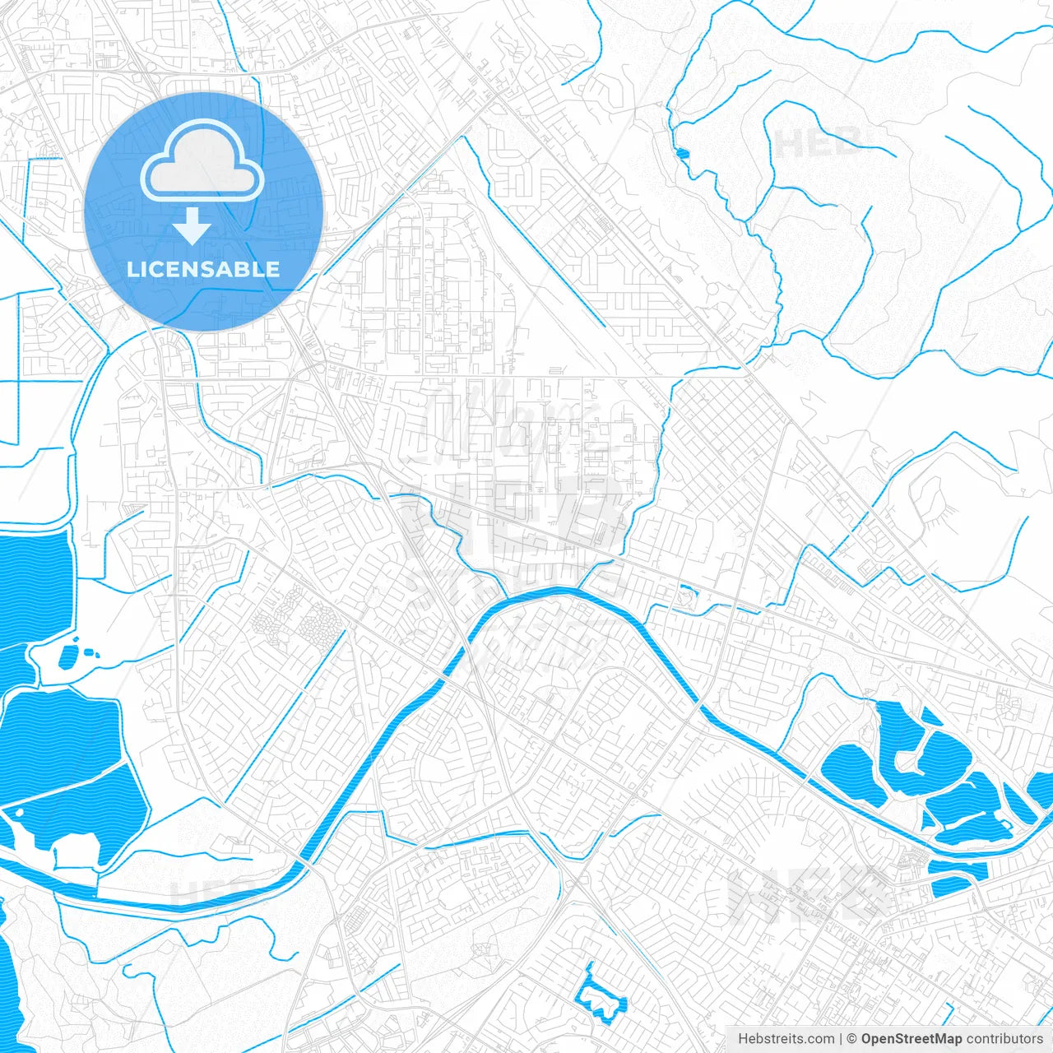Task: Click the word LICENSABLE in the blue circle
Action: click(203, 269)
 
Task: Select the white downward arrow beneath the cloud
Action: click(193, 226)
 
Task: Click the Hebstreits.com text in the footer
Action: click(786, 1039)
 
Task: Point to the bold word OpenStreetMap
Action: click(912, 1039)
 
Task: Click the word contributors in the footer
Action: click(1004, 1039)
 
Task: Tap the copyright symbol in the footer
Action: click(852, 1039)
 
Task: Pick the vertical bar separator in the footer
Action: click(841, 1039)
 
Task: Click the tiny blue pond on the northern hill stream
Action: click(682, 152)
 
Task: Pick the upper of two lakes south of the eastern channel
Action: click(958, 868)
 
